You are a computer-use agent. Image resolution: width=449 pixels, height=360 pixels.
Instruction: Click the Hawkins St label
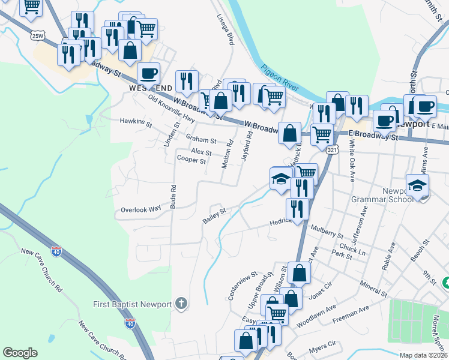click(x=136, y=122)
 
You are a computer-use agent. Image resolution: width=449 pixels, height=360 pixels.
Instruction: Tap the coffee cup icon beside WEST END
click(x=148, y=73)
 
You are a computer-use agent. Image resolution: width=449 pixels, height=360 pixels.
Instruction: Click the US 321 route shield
click(x=331, y=150)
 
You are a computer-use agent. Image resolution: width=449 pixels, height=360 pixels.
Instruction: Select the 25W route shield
click(x=38, y=35)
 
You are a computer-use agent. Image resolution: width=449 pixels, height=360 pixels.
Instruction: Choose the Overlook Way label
click(x=141, y=209)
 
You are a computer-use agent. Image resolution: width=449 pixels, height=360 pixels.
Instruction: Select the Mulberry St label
click(x=327, y=232)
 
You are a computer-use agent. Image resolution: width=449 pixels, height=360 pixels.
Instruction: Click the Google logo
click(x=20, y=353)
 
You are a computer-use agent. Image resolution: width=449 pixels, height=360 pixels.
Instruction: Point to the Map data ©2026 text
click(x=423, y=355)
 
